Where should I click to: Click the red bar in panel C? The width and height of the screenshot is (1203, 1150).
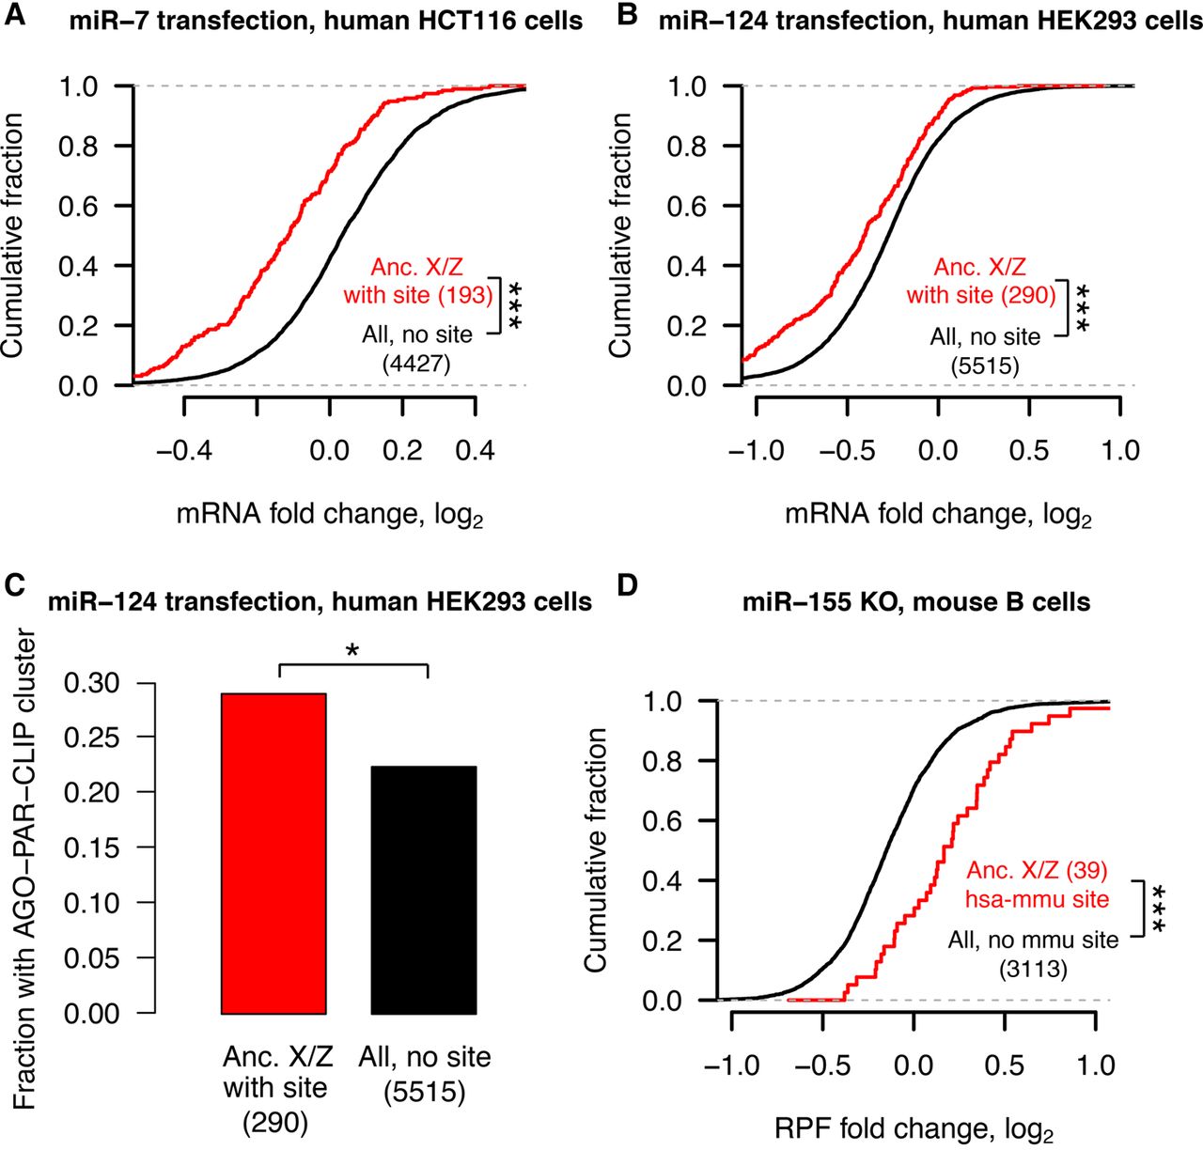(273, 853)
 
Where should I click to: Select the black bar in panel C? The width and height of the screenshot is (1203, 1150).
(424, 890)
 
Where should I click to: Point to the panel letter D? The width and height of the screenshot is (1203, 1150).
(628, 585)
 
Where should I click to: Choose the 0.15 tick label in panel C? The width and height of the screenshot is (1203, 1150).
(93, 847)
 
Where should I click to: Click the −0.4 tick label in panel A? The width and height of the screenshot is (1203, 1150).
(183, 450)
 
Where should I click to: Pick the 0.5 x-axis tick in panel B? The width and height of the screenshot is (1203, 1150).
(1029, 450)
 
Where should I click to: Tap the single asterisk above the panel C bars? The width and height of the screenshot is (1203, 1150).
(353, 650)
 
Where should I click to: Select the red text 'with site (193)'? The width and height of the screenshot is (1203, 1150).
(418, 295)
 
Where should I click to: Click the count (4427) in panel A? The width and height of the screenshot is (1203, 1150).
(416, 364)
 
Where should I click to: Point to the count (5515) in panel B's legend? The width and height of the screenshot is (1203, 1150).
(985, 365)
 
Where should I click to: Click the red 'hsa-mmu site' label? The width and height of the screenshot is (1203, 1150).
(1038, 899)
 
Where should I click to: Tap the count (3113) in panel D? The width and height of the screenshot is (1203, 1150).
(1033, 968)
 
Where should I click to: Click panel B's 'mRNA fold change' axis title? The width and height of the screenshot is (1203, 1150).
(938, 515)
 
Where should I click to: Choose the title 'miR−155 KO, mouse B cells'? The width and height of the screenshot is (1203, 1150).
(916, 601)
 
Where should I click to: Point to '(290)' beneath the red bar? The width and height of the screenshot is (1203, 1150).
(275, 1122)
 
